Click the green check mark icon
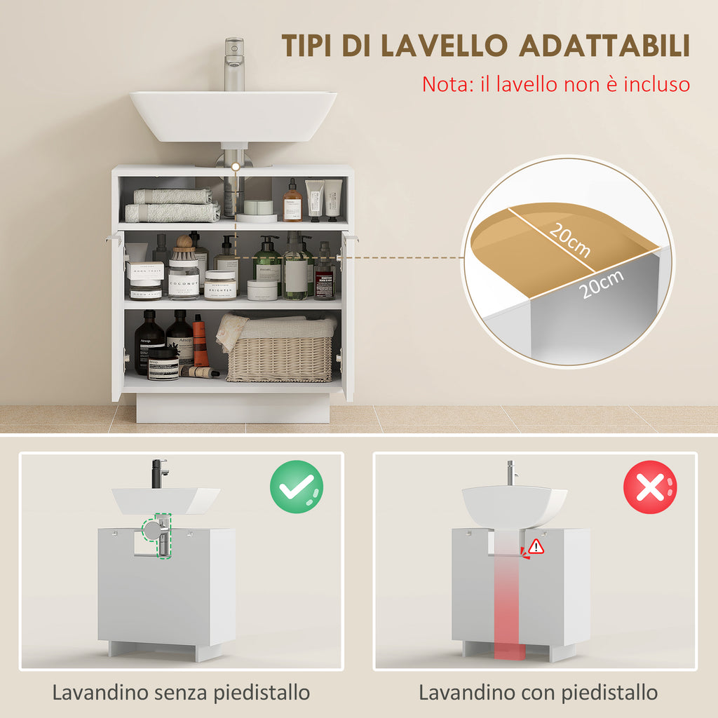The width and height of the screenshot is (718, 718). tap(297, 487)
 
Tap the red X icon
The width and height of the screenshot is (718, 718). tap(650, 487)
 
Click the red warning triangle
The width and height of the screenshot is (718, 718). tap(536, 546)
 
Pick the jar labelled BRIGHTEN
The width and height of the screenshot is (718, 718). tap(219, 285)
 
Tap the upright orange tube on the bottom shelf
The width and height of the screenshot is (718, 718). tap(201, 341)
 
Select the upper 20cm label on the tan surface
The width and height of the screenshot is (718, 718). tap(569, 240)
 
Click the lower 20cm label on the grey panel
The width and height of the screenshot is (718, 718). tap(602, 284)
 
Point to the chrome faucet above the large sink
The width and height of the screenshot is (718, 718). tap(233, 64)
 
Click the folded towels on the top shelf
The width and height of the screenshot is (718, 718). tap(172, 205)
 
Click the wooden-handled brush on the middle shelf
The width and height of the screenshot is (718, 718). tap(184, 248)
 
